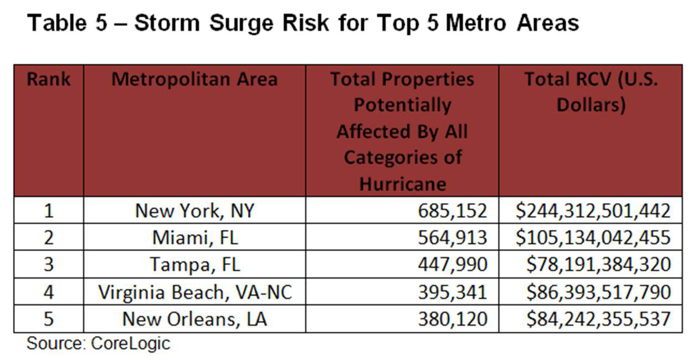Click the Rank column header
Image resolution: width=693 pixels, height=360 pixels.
pyautogui.click(x=49, y=79)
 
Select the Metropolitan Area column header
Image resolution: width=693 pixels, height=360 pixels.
pyautogui.click(x=194, y=79)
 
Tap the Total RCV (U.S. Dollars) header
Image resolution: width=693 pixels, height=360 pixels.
pyautogui.click(x=591, y=92)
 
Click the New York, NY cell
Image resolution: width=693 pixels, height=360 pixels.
pyautogui.click(x=194, y=210)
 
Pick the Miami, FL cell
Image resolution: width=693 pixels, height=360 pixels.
pyautogui.click(x=194, y=237)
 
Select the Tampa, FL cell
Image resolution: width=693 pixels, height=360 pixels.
pyautogui.click(x=194, y=264)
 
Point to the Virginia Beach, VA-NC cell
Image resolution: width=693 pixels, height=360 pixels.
pyautogui.click(x=194, y=292)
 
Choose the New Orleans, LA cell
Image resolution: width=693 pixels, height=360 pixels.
pyautogui.click(x=194, y=319)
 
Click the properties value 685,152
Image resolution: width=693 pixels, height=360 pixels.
pyautogui.click(x=453, y=210)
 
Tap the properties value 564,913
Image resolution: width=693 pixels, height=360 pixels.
pyautogui.click(x=453, y=237)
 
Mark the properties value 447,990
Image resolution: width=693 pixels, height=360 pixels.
pyautogui.click(x=453, y=264)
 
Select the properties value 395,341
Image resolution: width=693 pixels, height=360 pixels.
pyautogui.click(x=453, y=292)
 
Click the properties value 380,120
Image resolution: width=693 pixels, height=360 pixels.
pyautogui.click(x=453, y=319)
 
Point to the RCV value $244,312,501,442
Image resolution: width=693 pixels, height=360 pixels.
pyautogui.click(x=593, y=210)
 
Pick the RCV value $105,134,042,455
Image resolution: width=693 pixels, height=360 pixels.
pyautogui.click(x=593, y=237)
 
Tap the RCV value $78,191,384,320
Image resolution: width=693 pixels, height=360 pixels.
pyautogui.click(x=598, y=264)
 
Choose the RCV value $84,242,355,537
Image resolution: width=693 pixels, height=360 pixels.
pyautogui.click(x=598, y=319)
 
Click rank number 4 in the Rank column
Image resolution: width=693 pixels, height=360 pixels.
pyautogui.click(x=49, y=292)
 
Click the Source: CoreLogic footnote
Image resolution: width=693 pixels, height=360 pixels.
pyautogui.click(x=98, y=343)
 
